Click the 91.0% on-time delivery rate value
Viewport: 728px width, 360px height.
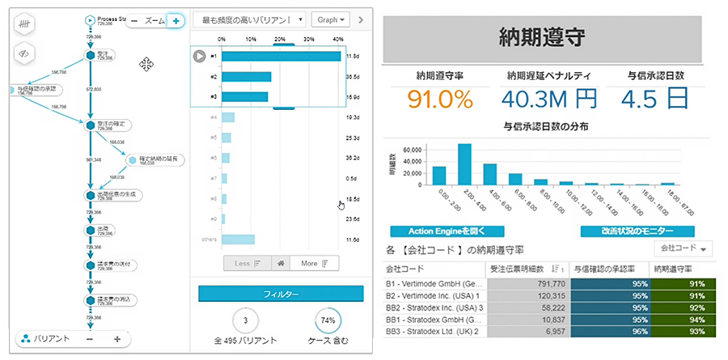pos(439,100)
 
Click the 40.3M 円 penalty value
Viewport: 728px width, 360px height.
pos(548,100)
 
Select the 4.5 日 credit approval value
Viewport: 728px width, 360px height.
pos(658,100)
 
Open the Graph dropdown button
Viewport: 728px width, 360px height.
pos(332,19)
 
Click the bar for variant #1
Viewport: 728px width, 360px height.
pos(281,56)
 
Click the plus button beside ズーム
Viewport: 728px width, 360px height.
pos(174,21)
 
